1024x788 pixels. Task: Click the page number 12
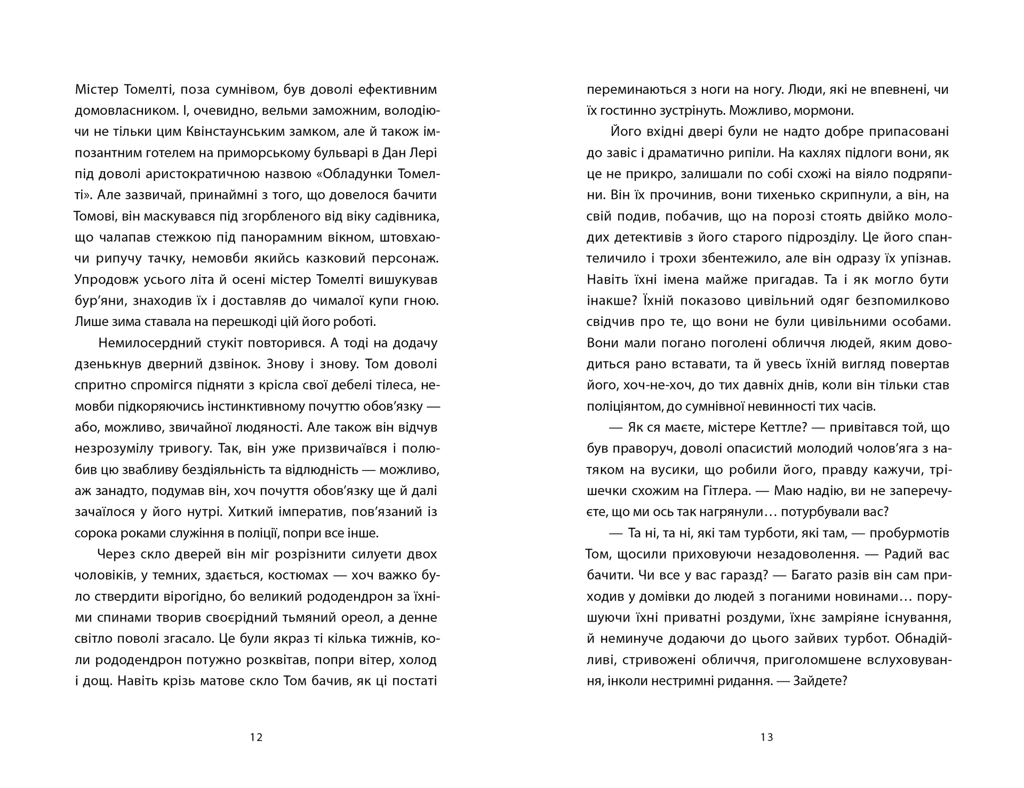click(256, 738)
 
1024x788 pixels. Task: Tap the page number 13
click(767, 738)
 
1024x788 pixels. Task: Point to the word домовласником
click(121, 111)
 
